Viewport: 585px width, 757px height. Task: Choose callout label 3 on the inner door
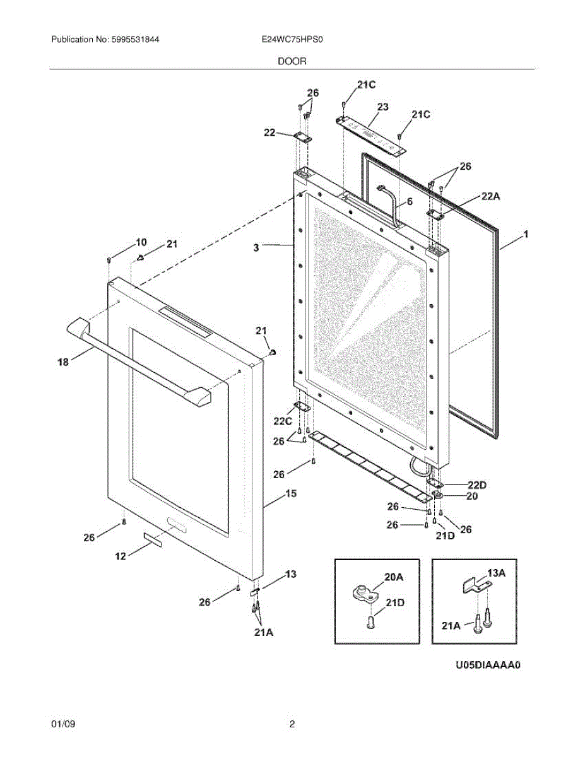(x=256, y=249)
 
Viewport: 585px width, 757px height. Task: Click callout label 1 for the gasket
(x=525, y=235)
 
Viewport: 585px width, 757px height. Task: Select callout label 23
(x=382, y=107)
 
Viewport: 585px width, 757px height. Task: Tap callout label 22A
(x=490, y=197)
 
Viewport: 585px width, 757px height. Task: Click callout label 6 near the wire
(x=409, y=201)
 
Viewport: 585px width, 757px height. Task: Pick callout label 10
(x=141, y=242)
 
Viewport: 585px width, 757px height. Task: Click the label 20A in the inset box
(x=394, y=577)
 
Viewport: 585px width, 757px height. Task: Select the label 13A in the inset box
(x=497, y=573)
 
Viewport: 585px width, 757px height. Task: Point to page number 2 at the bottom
(x=292, y=725)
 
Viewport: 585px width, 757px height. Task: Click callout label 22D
(x=478, y=484)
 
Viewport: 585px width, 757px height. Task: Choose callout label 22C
(x=283, y=421)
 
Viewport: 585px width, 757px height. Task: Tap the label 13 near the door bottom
(x=290, y=575)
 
